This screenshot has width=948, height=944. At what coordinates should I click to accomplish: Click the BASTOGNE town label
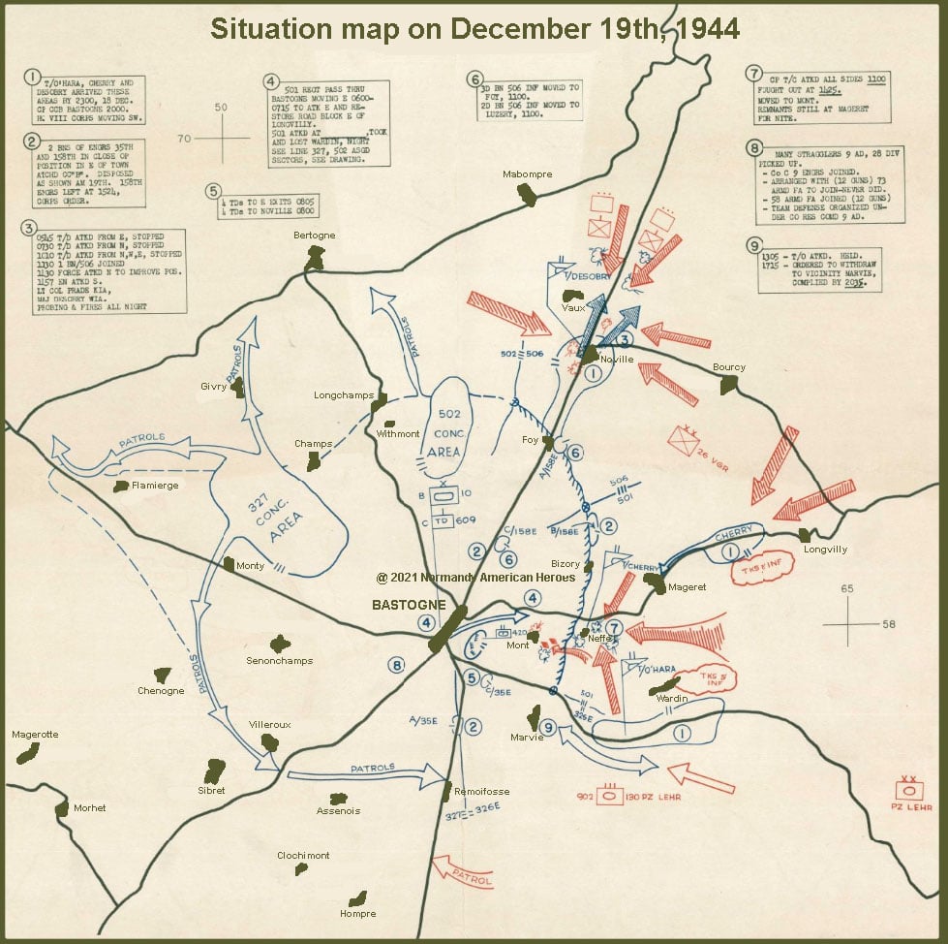pyautogui.click(x=409, y=605)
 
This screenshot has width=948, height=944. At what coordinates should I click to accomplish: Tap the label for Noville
pyautogui.click(x=617, y=359)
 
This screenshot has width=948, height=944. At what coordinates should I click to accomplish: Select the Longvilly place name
pyautogui.click(x=825, y=550)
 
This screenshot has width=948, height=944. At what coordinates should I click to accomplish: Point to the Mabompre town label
pyautogui.click(x=526, y=174)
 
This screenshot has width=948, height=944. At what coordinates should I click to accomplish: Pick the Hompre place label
pyautogui.click(x=357, y=913)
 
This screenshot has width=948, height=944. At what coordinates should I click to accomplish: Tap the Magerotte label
pyautogui.click(x=35, y=735)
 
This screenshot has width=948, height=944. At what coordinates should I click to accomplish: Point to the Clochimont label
pyautogui.click(x=303, y=856)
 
